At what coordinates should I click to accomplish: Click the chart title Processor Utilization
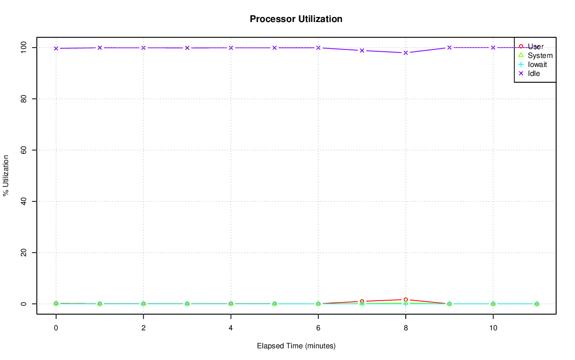point(296,19)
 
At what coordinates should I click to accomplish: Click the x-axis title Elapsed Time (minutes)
point(296,346)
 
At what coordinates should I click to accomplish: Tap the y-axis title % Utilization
point(6,175)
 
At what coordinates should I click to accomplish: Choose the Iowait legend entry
point(537,64)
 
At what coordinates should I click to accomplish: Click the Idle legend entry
point(534,73)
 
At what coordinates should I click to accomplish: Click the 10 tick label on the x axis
point(493,328)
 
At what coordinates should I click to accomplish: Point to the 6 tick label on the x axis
point(318,328)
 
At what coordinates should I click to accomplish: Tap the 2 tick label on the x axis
point(143,328)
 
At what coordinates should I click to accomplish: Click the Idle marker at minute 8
point(406,53)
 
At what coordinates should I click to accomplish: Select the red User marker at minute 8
point(406,299)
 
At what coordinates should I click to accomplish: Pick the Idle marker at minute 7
point(362,50)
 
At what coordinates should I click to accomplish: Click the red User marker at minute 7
point(362,302)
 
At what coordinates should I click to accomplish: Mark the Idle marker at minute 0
point(56,48)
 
